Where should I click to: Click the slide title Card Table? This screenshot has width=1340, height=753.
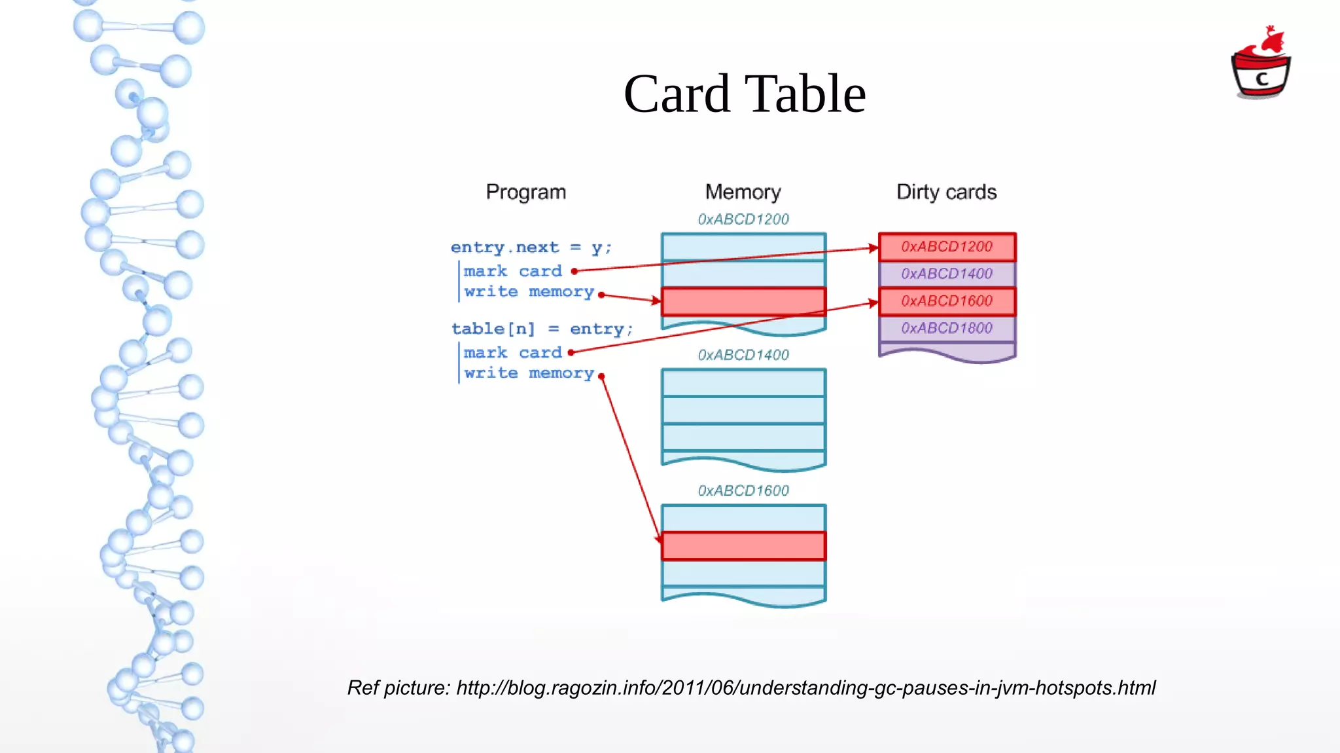pos(745,94)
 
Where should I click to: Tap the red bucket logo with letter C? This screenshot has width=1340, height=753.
pos(1261,65)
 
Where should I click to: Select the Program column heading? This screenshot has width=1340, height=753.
pos(525,192)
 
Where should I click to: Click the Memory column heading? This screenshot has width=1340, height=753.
pos(743,192)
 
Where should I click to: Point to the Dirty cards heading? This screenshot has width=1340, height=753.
pos(946,192)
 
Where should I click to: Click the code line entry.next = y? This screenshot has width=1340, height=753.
pos(531,248)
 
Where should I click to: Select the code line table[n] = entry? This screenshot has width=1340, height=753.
pos(542,329)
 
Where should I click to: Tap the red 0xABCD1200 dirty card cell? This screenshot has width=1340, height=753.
pos(946,247)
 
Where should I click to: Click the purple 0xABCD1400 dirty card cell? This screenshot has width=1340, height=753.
pos(946,274)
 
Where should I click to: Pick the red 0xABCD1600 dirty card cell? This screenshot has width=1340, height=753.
pos(946,301)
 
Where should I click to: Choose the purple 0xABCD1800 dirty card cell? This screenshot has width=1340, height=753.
pos(946,328)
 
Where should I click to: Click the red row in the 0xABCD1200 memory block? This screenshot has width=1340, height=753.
pos(743,302)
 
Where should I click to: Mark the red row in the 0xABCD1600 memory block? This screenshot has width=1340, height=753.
pos(743,546)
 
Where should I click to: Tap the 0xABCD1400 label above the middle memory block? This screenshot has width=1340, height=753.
pos(743,355)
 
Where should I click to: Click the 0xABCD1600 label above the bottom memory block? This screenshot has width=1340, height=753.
pos(743,490)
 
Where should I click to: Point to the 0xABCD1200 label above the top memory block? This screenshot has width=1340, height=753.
pos(743,219)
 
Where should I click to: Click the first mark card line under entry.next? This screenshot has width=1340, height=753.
pos(512,271)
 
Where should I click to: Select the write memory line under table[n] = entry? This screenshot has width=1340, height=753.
pos(529,373)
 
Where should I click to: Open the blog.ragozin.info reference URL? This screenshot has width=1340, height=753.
pos(805,688)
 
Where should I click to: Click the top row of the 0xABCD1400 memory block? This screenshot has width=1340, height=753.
pos(743,383)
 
